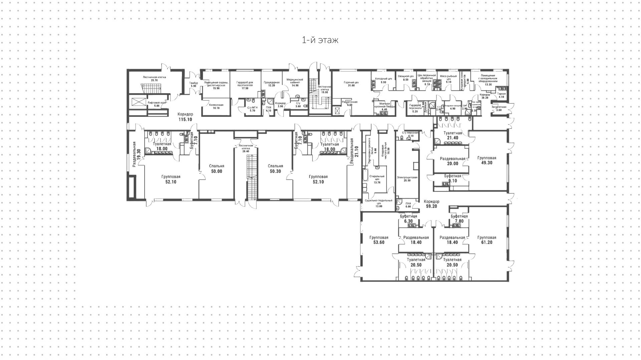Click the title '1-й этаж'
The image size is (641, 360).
point(320,40)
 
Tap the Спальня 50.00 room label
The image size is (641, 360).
point(216,169)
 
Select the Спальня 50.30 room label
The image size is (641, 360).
point(275,169)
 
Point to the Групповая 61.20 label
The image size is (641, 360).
point(486,240)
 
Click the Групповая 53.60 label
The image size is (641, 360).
point(379,240)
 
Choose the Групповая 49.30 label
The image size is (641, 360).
point(486,160)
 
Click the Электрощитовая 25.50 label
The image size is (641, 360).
point(407,179)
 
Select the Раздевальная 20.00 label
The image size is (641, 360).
point(452,161)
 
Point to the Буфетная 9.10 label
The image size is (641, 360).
point(452,178)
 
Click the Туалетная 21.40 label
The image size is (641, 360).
point(452,135)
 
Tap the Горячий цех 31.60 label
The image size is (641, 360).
point(351,83)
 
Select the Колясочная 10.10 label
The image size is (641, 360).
point(216,106)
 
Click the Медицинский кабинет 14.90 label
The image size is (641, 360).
point(295,82)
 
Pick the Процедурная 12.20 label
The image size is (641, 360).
point(271,83)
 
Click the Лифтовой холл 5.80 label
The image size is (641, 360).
point(157,104)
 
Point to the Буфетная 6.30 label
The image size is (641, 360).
point(408,218)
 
